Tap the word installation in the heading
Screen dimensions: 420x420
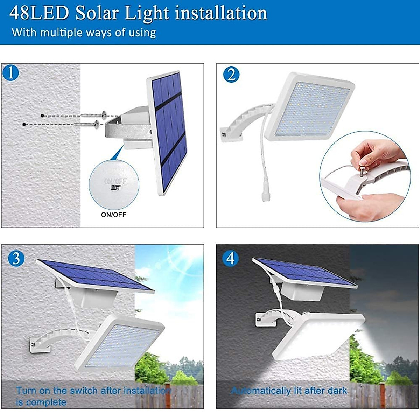[221, 13]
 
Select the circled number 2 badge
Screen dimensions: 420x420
[231, 75]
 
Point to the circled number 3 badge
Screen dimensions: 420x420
[16, 259]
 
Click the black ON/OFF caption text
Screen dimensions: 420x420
[113, 215]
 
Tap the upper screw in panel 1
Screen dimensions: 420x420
[94, 114]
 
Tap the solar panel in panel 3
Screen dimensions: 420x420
[94, 275]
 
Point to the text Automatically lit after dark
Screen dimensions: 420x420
[289, 391]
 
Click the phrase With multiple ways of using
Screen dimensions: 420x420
[84, 33]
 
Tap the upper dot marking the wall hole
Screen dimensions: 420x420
[42, 115]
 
